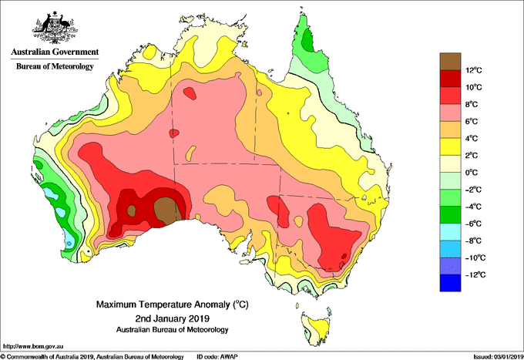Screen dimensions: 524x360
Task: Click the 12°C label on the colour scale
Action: tap(474, 70)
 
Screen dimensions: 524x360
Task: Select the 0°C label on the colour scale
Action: tap(472, 173)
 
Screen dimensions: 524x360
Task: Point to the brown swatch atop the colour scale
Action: tap(450, 62)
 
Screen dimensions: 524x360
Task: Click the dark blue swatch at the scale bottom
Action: tap(450, 283)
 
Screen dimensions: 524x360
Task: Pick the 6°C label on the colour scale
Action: tap(472, 121)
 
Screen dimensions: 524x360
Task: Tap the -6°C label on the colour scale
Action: tap(473, 224)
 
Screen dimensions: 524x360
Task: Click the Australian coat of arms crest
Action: tap(55, 28)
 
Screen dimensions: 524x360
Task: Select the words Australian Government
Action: tap(55, 52)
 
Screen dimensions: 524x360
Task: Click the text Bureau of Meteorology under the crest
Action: tap(55, 66)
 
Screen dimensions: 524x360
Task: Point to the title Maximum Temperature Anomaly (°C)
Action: tap(172, 304)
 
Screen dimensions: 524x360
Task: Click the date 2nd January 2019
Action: tap(172, 318)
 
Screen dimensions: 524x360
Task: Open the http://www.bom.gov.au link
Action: tap(33, 347)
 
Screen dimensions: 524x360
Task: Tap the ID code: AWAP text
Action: tap(217, 357)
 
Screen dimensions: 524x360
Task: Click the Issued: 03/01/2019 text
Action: tap(499, 357)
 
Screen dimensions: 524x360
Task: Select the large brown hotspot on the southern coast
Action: tap(168, 210)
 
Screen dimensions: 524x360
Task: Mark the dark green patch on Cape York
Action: tap(307, 40)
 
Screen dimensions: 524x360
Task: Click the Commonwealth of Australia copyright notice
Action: tap(92, 357)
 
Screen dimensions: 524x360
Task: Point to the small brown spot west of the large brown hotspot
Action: tap(131, 211)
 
